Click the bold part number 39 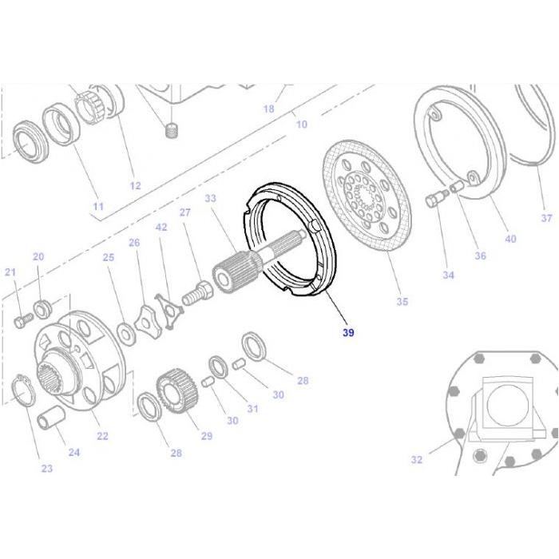pos(348,333)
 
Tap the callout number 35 pos(402,302)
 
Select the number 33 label pos(211,198)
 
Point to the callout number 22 pos(102,436)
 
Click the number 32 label pos(416,459)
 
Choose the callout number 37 pos(546,218)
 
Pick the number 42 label pos(161,228)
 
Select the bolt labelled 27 pos(196,290)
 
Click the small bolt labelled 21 pos(21,320)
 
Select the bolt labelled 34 pos(436,200)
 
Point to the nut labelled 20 pos(42,306)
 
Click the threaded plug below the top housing pos(169,130)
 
